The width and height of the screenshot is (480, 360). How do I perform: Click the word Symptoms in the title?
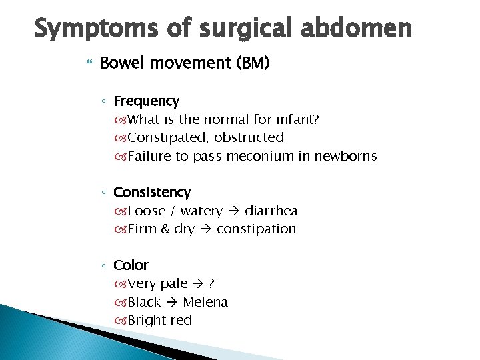point(83,29)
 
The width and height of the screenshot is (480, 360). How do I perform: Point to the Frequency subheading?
point(146,101)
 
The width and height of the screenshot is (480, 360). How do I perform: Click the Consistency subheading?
point(152,193)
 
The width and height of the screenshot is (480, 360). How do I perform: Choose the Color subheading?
point(131,265)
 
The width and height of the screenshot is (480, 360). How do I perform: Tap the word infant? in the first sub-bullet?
point(296,120)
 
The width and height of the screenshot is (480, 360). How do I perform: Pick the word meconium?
point(257,157)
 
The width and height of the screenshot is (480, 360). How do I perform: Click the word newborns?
point(344,157)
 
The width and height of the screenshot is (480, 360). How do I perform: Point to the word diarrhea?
point(271,211)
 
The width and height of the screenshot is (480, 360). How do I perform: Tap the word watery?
point(201,211)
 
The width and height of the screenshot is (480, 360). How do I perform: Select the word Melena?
point(205,303)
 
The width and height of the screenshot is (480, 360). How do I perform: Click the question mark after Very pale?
point(211,284)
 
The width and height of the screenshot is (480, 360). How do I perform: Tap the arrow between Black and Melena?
point(171,303)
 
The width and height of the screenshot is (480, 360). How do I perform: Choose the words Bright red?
point(159,321)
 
